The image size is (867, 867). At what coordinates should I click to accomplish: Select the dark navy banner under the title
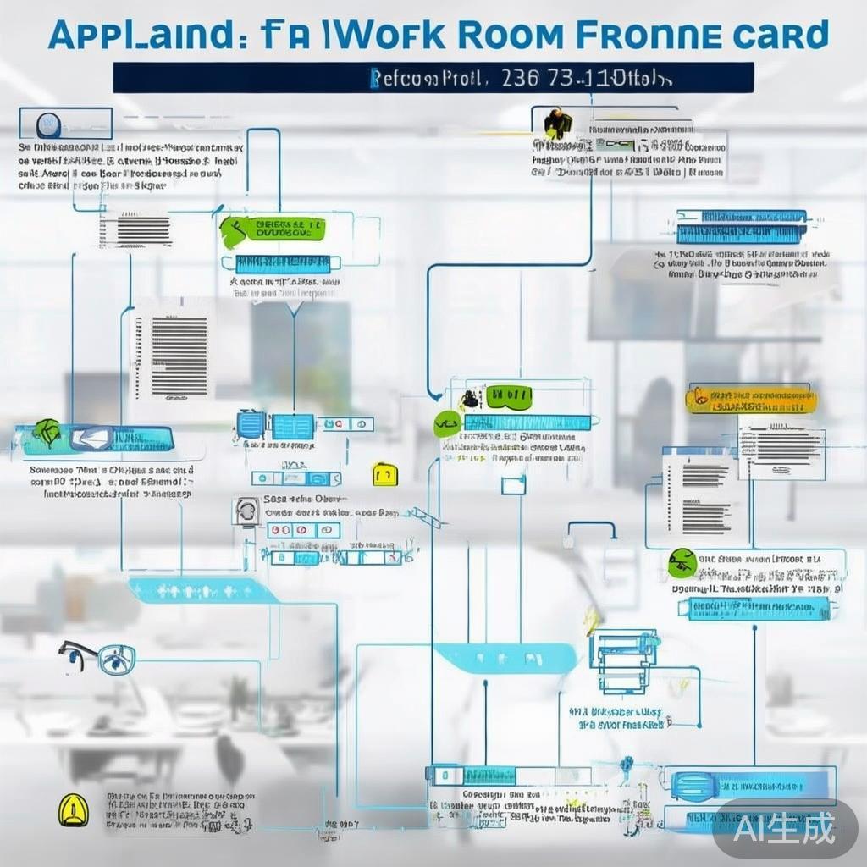433,78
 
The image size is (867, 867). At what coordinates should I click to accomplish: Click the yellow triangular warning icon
73,809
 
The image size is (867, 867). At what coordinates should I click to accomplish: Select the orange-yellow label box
752,400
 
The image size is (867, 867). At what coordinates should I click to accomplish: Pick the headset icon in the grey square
246,511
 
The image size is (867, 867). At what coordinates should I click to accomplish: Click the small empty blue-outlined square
513,485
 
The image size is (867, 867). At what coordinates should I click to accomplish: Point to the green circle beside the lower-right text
682,561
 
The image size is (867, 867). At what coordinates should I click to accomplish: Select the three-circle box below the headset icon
303,530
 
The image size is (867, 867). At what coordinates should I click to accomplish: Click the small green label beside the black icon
508,395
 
